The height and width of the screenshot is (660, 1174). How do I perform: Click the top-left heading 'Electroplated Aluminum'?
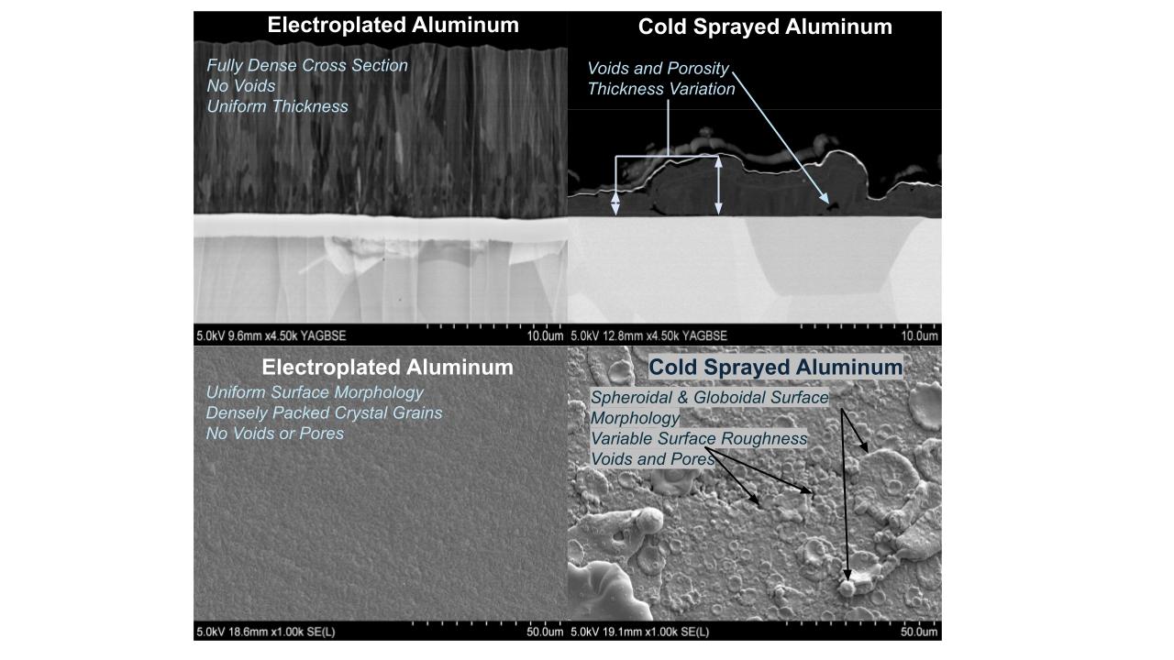pyautogui.click(x=393, y=25)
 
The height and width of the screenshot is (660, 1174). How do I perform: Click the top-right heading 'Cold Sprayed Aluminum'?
pyautogui.click(x=765, y=27)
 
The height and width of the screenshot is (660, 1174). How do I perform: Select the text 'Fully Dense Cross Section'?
pyautogui.click(x=307, y=65)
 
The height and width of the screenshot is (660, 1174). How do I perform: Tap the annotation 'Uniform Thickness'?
pyautogui.click(x=277, y=106)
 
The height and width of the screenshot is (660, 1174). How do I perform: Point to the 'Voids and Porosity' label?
pyautogui.click(x=659, y=69)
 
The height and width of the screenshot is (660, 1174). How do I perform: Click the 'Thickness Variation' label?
pyautogui.click(x=661, y=89)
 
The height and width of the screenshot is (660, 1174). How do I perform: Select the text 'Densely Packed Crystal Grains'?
pyautogui.click(x=324, y=413)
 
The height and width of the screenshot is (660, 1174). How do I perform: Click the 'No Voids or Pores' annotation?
pyautogui.click(x=274, y=434)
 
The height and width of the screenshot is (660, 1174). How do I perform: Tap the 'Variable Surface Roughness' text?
pyautogui.click(x=699, y=438)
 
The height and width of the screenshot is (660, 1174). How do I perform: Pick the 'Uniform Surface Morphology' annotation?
pyautogui.click(x=315, y=392)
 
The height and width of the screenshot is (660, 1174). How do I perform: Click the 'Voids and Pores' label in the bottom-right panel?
pyautogui.click(x=652, y=459)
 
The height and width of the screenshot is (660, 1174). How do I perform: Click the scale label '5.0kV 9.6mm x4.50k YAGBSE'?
pyautogui.click(x=271, y=335)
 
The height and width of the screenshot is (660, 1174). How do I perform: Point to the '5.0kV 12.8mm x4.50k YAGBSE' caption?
pyautogui.click(x=648, y=335)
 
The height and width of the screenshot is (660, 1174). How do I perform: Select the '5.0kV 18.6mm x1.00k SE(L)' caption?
pyautogui.click(x=266, y=632)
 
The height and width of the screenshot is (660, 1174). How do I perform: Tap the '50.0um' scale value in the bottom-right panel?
pyautogui.click(x=919, y=632)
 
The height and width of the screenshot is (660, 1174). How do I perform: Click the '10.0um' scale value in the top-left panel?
pyautogui.click(x=545, y=335)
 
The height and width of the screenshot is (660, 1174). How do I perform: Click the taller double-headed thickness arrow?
pyautogui.click(x=718, y=185)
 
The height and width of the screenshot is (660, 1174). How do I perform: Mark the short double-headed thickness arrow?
pyautogui.click(x=615, y=203)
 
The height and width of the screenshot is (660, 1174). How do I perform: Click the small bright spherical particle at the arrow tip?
pyautogui.click(x=846, y=588)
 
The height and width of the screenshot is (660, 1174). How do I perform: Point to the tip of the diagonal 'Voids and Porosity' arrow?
pyautogui.click(x=829, y=203)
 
